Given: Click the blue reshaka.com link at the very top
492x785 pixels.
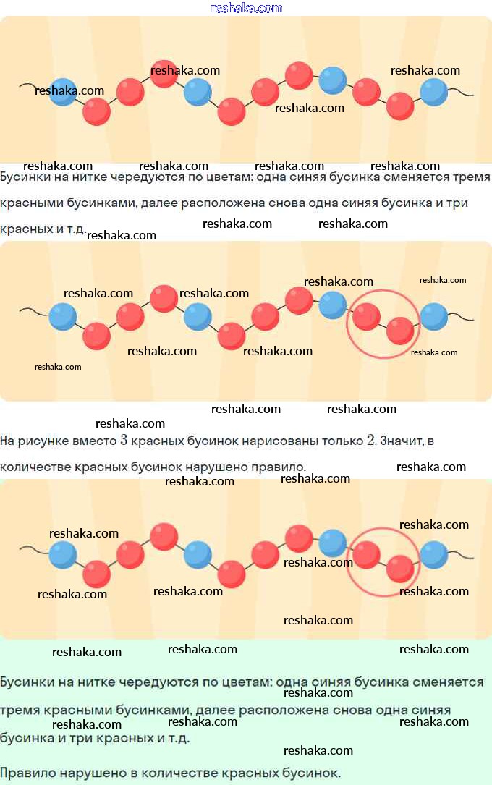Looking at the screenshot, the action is tap(247, 8).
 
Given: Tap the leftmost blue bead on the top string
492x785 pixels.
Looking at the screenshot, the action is tap(63, 92).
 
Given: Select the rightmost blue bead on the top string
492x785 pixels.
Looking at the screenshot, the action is tap(434, 92).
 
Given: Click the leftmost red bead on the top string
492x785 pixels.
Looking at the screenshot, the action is tap(97, 111).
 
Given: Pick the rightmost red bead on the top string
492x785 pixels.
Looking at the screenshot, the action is tap(400, 106).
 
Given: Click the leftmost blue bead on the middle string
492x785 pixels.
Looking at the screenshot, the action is tap(63, 316).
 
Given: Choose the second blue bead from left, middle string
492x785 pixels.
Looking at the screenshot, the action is tap(198, 316).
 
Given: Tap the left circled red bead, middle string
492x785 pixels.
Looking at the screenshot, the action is tap(366, 316).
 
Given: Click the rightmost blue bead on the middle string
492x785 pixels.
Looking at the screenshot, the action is tap(434, 316).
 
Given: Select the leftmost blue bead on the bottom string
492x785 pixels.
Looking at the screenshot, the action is tap(63, 555).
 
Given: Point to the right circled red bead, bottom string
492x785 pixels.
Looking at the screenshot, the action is tap(400, 569).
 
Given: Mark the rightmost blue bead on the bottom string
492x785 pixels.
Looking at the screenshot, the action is tap(434, 555).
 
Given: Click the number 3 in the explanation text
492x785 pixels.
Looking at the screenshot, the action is tap(124, 441).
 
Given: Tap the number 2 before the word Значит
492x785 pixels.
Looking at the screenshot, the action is tap(370, 441).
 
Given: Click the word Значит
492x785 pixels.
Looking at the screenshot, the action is tap(404, 441).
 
